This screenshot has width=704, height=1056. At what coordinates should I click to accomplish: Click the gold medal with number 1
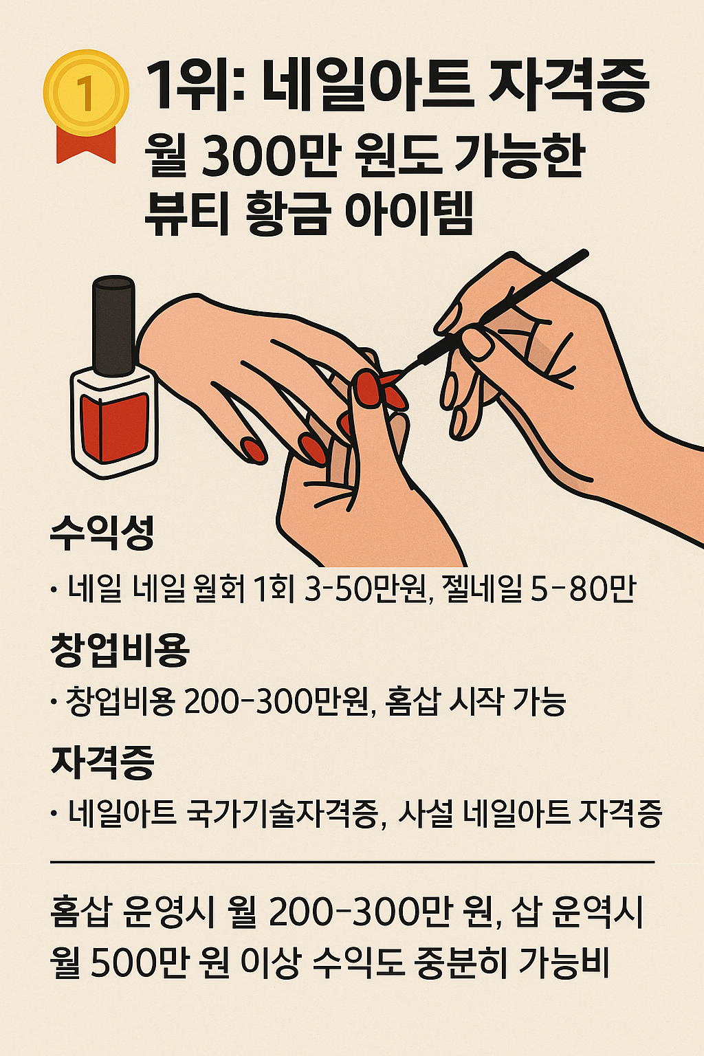pos(85,93)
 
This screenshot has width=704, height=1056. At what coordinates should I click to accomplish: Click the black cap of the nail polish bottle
pos(113,324)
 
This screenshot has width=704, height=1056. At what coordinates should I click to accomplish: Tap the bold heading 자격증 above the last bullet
pos(102,762)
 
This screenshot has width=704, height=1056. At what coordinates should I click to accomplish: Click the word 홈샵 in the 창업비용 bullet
pos(412,702)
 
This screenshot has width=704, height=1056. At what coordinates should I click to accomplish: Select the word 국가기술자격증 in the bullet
pos(282,814)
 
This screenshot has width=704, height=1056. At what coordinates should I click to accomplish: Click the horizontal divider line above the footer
pos(352,861)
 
